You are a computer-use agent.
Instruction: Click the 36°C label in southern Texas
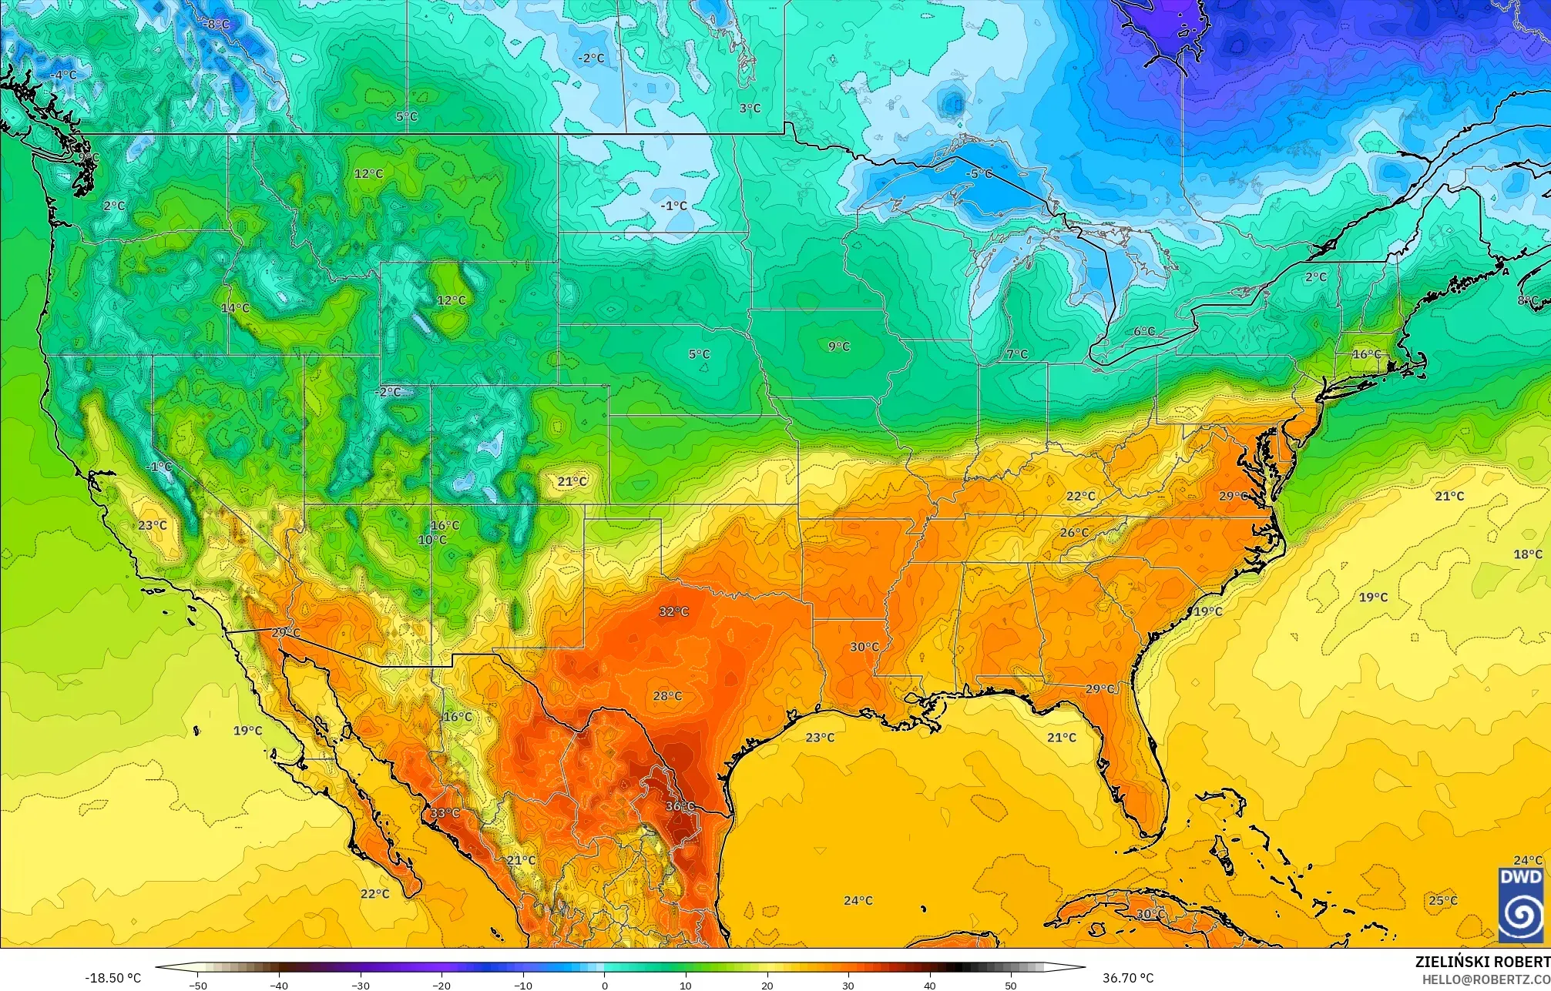click(680, 806)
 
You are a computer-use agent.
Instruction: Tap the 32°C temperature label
click(673, 611)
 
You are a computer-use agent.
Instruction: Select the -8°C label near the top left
click(216, 25)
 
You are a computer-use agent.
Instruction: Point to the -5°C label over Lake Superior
click(979, 174)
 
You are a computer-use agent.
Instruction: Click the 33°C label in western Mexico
click(445, 813)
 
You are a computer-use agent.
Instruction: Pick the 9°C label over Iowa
click(838, 347)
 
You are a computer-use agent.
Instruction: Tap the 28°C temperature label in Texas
click(667, 696)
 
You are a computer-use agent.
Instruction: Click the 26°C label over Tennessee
click(1074, 533)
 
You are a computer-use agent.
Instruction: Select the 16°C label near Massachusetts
click(1367, 354)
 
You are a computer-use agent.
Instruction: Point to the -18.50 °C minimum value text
click(112, 978)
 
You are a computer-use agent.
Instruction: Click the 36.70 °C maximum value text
click(1127, 978)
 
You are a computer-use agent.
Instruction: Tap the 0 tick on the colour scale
click(605, 986)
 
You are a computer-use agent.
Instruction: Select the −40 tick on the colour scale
click(279, 986)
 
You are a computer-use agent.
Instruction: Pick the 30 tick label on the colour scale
click(848, 986)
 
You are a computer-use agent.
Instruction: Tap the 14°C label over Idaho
click(235, 308)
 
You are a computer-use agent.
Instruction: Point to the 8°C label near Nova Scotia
click(1527, 300)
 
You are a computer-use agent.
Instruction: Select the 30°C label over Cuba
click(1150, 914)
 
